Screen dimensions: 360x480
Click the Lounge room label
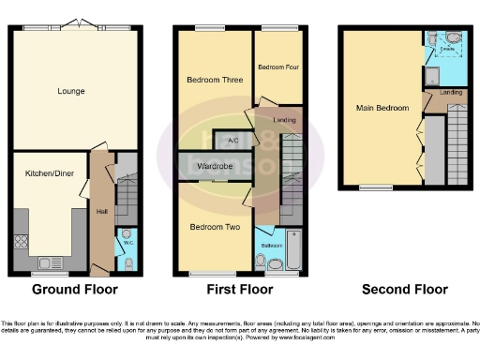point(70,91)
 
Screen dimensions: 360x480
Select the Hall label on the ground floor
point(102,211)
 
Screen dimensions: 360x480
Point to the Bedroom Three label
point(215,80)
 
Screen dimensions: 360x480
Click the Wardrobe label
point(215,166)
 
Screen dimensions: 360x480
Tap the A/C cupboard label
point(231,142)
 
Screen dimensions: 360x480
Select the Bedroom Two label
point(215,227)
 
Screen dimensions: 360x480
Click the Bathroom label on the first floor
point(272,246)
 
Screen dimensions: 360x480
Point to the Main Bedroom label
point(382,108)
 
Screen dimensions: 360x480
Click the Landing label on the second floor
point(451,92)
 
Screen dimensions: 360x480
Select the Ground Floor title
point(73,290)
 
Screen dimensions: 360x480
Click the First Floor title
point(240,290)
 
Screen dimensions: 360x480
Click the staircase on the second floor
point(457,141)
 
